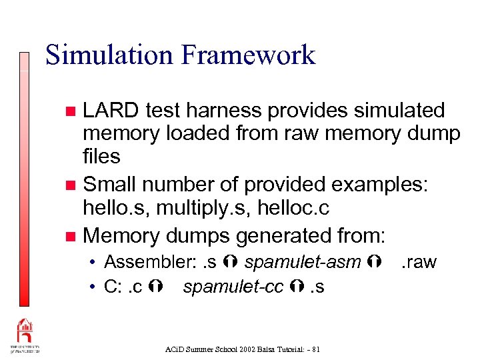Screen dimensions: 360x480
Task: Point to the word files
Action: [x=101, y=157]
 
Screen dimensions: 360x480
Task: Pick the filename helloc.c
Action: [x=291, y=208]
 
